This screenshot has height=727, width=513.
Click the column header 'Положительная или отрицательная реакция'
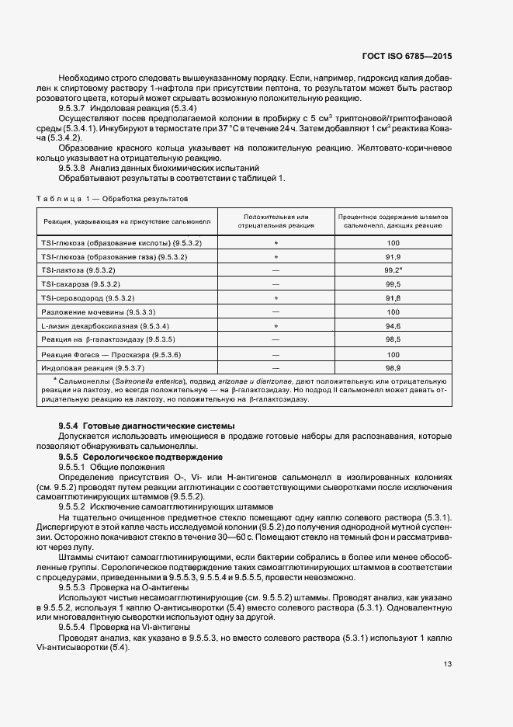click(x=276, y=221)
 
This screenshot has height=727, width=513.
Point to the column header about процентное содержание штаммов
click(x=392, y=221)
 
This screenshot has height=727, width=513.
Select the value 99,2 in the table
click(x=391, y=270)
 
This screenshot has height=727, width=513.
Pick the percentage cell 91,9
click(x=392, y=256)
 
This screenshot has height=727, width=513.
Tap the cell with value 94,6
click(x=392, y=325)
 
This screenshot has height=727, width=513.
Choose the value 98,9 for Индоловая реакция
click(x=392, y=367)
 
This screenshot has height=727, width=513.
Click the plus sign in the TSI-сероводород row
click(x=276, y=297)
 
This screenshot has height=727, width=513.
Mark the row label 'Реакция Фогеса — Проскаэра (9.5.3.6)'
click(x=100, y=353)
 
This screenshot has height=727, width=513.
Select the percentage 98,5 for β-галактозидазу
click(x=392, y=339)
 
